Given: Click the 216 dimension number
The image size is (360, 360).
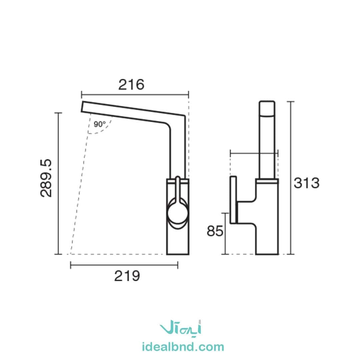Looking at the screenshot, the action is click(131, 84).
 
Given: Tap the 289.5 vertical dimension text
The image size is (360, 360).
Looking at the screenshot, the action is click(46, 178).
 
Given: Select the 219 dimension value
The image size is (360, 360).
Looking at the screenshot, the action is click(127, 276).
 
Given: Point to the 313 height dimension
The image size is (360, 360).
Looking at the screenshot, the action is click(307, 183).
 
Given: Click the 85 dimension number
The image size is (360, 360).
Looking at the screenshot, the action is click(215, 231).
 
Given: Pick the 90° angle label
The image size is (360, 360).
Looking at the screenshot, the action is click(100, 124).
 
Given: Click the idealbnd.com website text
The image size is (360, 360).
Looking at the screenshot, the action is click(183, 347).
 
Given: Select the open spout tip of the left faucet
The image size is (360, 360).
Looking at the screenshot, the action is click(82, 107).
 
